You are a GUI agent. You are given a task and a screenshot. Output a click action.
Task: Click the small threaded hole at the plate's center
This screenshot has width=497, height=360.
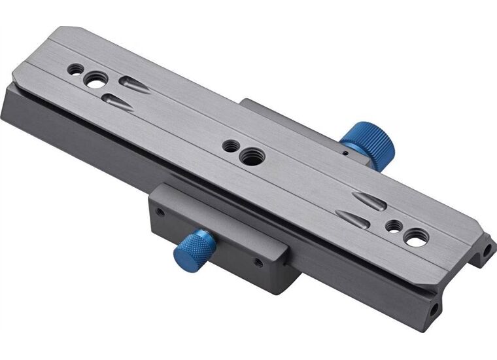coord(230,145)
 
